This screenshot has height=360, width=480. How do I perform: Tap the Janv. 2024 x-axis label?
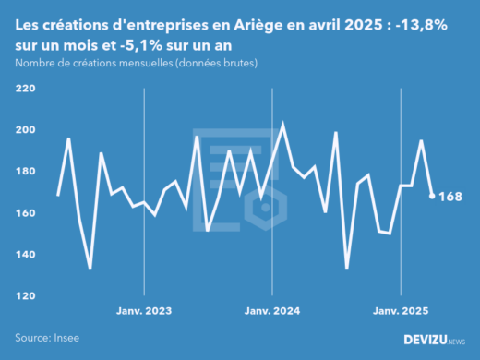(x=272, y=311)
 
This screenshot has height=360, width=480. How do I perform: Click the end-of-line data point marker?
(x=432, y=196)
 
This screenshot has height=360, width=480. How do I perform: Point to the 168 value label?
(x=450, y=196)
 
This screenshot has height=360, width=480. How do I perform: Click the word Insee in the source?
(x=68, y=339)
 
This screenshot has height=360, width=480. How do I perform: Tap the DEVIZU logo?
(x=434, y=340)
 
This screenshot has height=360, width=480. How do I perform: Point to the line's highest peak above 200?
(x=282, y=124)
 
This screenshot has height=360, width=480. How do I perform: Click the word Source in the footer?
(x=32, y=339)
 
